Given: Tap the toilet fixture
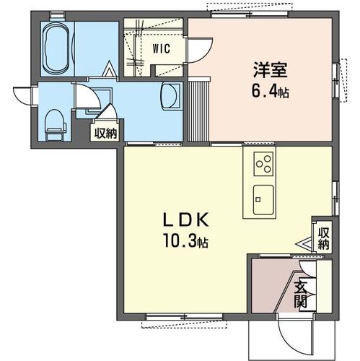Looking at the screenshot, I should (54, 125).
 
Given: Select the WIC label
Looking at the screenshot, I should (160, 49).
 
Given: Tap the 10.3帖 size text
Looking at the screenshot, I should (183, 242).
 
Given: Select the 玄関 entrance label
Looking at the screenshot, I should (301, 292).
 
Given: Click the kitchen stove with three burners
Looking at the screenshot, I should (263, 164).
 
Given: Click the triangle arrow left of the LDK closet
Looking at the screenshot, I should (301, 245).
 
